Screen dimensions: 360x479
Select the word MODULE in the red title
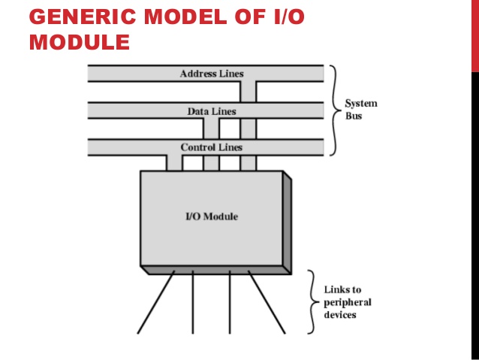tap(79, 42)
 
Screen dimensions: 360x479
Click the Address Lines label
tap(212, 74)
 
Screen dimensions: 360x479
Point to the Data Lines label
tap(212, 111)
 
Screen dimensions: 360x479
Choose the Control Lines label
tap(212, 147)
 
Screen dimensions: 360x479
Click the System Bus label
tap(360, 110)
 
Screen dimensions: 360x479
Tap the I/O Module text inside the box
tap(212, 216)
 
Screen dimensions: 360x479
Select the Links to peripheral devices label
tap(347, 302)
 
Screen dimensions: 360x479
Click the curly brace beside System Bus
tap(335, 110)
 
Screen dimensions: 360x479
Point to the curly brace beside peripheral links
tap(312, 302)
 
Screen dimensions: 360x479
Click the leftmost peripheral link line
tap(156, 302)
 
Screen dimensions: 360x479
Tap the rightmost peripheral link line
tap(267, 302)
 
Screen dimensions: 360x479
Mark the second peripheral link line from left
tap(193, 302)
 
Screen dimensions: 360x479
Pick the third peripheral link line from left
tap(230, 302)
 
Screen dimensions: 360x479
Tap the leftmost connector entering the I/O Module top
tap(174, 162)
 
